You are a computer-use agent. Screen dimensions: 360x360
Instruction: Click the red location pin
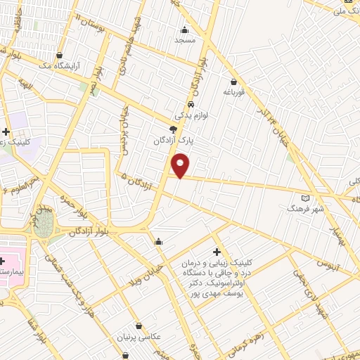point(181,165)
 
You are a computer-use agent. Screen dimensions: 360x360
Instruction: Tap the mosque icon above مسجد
point(184,30)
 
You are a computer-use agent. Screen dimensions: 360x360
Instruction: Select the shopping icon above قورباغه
point(233,82)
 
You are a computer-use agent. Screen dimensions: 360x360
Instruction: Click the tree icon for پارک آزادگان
point(173,129)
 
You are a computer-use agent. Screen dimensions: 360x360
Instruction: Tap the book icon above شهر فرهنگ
point(304,198)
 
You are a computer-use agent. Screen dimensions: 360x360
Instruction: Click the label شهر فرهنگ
point(304,209)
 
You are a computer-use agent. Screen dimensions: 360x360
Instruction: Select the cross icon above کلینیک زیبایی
point(217,251)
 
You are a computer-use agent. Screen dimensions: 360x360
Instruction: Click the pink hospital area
point(14,258)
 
